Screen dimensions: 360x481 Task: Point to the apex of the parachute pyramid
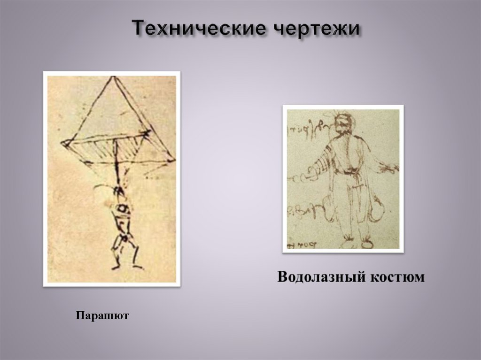pyautogui.click(x=113, y=77)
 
